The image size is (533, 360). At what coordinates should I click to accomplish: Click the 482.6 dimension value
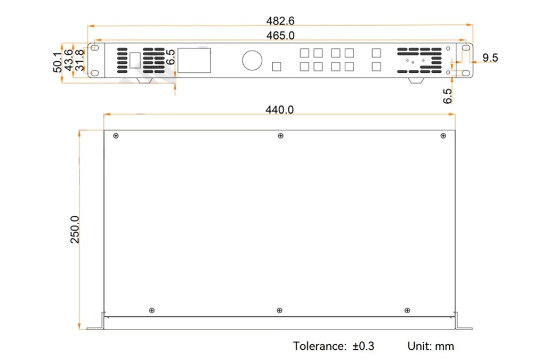(280, 21)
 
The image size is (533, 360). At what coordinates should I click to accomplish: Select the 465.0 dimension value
(280, 36)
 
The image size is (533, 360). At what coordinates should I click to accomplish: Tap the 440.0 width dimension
(279, 110)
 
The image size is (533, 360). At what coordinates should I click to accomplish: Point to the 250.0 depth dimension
(75, 230)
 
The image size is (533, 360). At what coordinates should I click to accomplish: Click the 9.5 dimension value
(490, 58)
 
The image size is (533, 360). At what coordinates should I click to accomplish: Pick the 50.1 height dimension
(58, 62)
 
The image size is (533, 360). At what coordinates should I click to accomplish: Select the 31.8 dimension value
(79, 60)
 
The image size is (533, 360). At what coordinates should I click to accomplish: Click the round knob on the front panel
(252, 61)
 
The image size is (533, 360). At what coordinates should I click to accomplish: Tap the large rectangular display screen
(194, 60)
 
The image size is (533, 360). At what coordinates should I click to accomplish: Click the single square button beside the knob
(277, 67)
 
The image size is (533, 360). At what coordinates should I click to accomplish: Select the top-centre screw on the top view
(280, 136)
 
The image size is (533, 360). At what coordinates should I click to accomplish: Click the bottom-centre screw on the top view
(279, 310)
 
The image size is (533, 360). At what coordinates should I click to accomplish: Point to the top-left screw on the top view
(116, 136)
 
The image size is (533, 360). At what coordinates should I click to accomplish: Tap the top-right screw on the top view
(443, 136)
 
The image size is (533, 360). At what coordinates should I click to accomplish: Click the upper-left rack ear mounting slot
(95, 47)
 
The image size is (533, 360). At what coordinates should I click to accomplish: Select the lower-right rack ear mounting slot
(465, 73)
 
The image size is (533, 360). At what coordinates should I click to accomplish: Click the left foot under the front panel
(144, 80)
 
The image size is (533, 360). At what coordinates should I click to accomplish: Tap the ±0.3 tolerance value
(363, 346)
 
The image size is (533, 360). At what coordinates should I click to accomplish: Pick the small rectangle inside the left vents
(135, 61)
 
